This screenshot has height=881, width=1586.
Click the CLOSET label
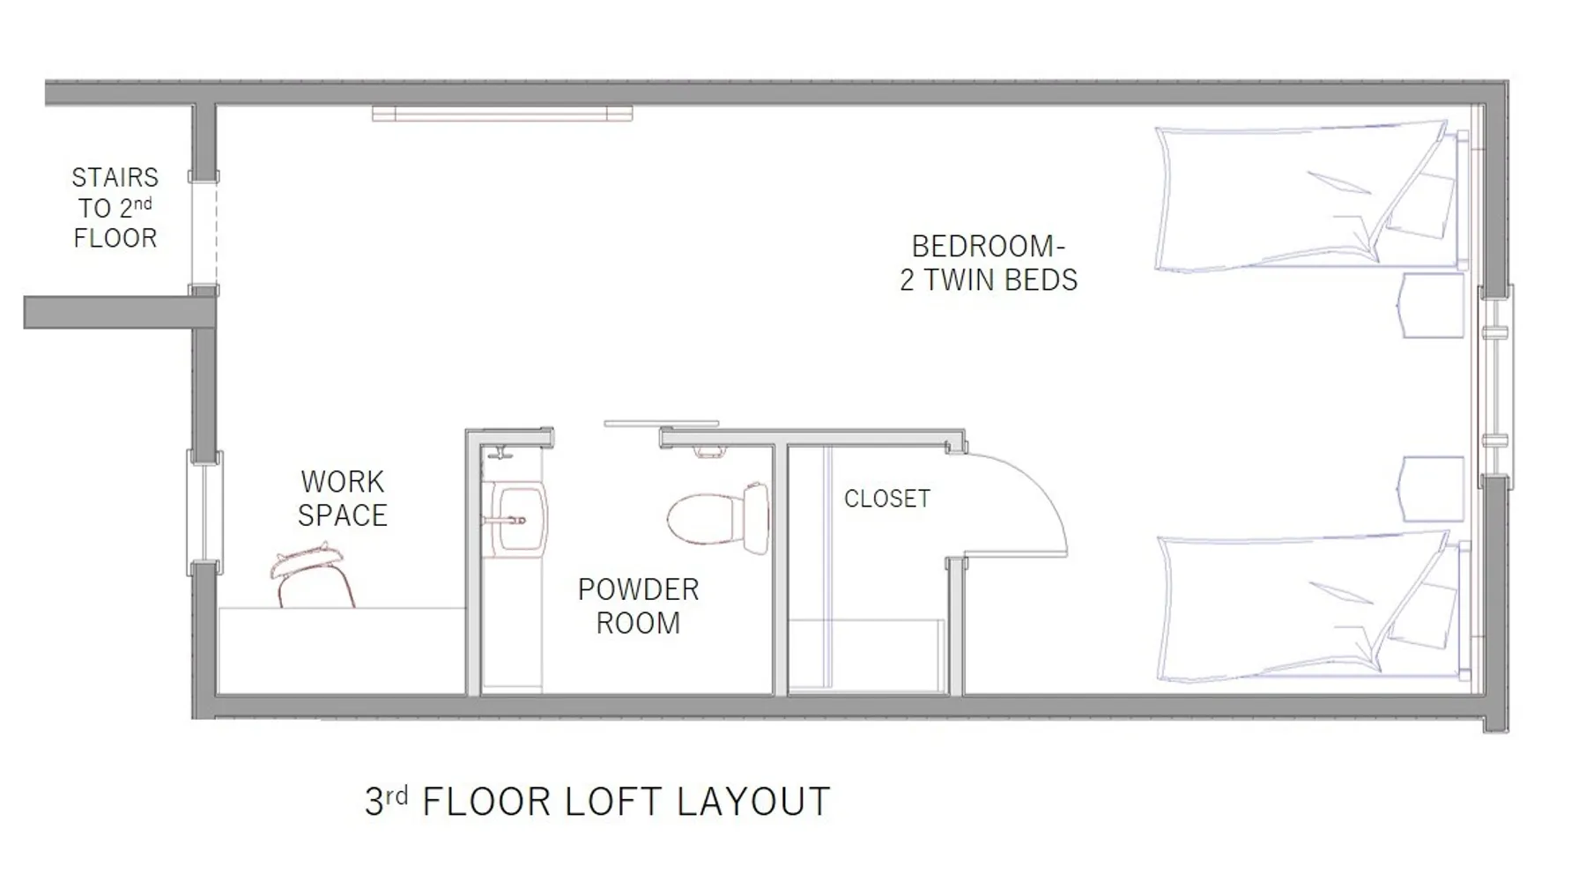(886, 499)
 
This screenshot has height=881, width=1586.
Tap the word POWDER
(638, 589)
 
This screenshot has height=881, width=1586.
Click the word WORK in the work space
(343, 482)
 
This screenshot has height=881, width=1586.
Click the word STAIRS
(115, 178)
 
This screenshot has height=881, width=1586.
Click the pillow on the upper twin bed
(1420, 204)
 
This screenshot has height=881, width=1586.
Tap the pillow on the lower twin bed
(1420, 615)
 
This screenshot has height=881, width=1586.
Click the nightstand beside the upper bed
(1431, 306)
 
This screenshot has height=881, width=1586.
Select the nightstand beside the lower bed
(1431, 490)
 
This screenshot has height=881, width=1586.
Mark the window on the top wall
(502, 113)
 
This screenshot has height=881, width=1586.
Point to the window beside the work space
(204, 513)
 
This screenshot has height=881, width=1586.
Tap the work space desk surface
(342, 650)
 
